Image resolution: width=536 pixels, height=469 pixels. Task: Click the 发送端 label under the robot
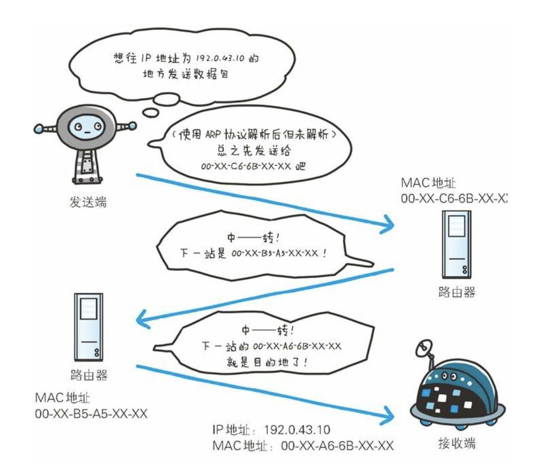88,203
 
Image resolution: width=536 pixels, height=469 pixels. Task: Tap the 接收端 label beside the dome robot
457,443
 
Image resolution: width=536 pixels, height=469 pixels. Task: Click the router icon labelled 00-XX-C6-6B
457,244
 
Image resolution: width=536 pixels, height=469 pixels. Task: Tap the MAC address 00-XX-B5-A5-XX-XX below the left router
91,413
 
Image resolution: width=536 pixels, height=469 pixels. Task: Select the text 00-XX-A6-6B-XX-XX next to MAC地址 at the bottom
337,445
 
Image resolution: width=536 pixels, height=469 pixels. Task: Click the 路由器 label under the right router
456,292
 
